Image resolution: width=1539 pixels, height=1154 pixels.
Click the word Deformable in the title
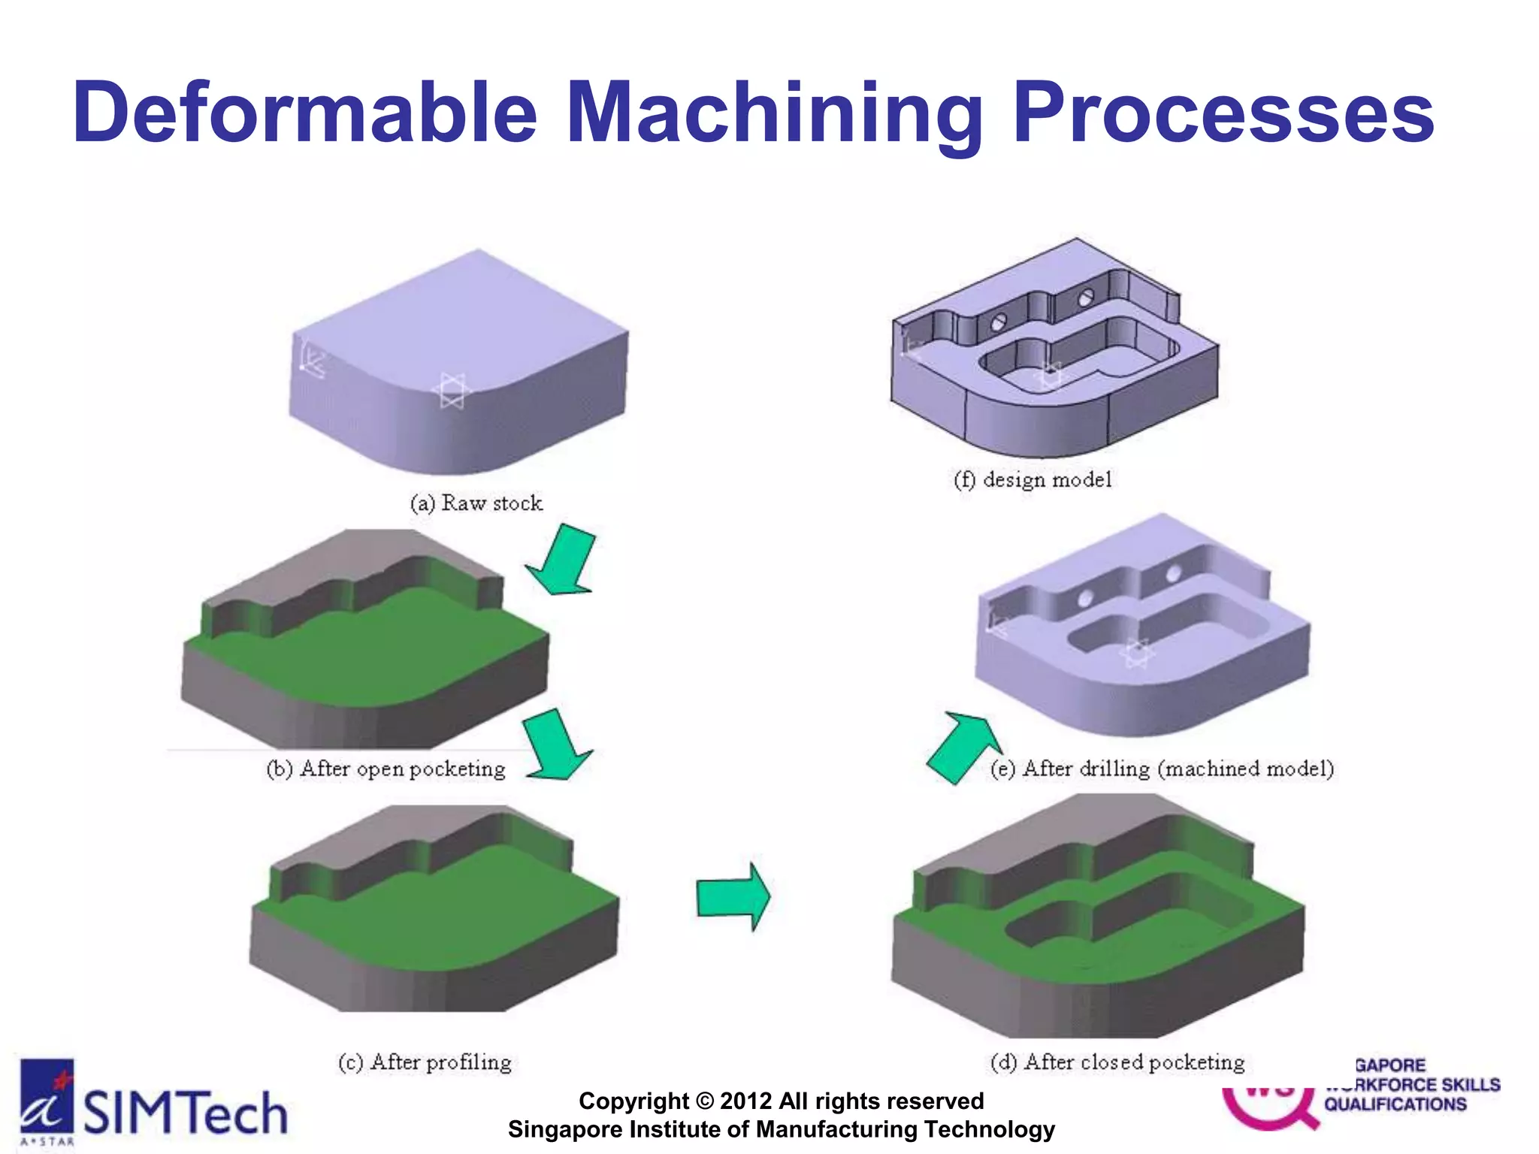[x=304, y=113]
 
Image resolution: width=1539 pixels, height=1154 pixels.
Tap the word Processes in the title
[x=1223, y=113]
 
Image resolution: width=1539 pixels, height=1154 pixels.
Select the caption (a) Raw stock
[x=476, y=503]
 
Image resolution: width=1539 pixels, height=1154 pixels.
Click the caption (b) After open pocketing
[x=386, y=769]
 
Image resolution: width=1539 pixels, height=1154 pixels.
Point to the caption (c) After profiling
[x=425, y=1062]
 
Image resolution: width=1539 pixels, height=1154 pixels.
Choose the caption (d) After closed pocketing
[x=1117, y=1062]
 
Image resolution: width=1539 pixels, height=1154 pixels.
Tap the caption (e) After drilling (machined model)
[x=1163, y=769]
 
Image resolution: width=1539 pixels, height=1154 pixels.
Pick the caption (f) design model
[x=1033, y=479]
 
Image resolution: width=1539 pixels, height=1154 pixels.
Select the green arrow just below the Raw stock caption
[x=563, y=561]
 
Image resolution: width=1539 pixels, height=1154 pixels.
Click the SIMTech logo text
[x=185, y=1113]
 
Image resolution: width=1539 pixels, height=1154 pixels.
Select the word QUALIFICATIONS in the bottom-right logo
[x=1395, y=1104]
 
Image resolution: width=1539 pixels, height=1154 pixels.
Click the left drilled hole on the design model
[x=999, y=323]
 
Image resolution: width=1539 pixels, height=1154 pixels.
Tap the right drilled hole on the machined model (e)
[x=1173, y=575]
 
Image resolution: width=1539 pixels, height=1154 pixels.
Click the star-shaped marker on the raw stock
[x=452, y=391]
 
